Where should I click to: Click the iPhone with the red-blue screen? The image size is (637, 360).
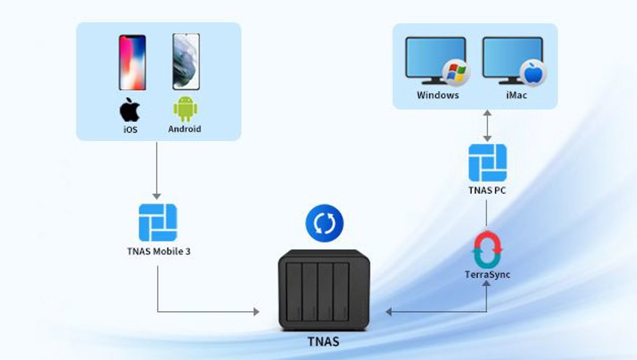tap(132, 62)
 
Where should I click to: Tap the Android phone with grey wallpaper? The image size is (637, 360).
tap(186, 62)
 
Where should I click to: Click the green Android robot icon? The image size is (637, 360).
tap(185, 109)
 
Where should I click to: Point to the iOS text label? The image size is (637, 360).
tap(130, 129)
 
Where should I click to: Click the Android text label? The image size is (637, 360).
tap(185, 128)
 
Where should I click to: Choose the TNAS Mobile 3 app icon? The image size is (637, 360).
tap(158, 222)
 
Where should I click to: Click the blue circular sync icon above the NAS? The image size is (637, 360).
tap(324, 224)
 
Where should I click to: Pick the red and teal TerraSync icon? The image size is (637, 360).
tap(487, 249)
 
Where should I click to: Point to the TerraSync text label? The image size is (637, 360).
tap(487, 275)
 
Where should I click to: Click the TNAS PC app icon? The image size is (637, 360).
tap(487, 162)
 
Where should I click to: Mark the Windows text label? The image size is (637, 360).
tap(437, 96)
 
